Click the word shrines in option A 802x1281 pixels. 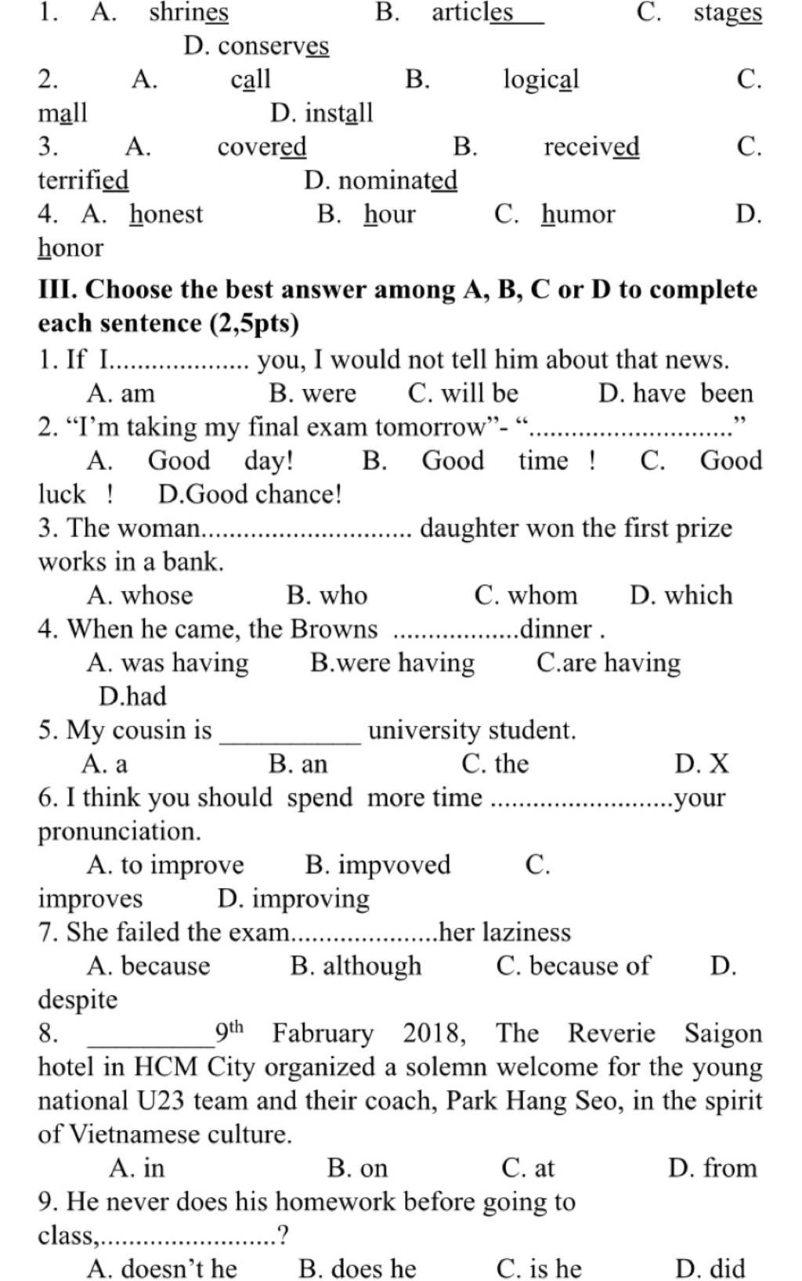point(189,13)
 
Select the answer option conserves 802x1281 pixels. point(273,46)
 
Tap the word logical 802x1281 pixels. point(540,80)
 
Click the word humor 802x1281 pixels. point(578,215)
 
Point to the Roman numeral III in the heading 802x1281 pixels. point(56,290)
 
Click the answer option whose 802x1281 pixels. point(157,595)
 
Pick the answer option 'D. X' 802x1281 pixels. point(702,763)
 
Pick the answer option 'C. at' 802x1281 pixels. point(528,1168)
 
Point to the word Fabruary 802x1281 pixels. point(323,1034)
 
